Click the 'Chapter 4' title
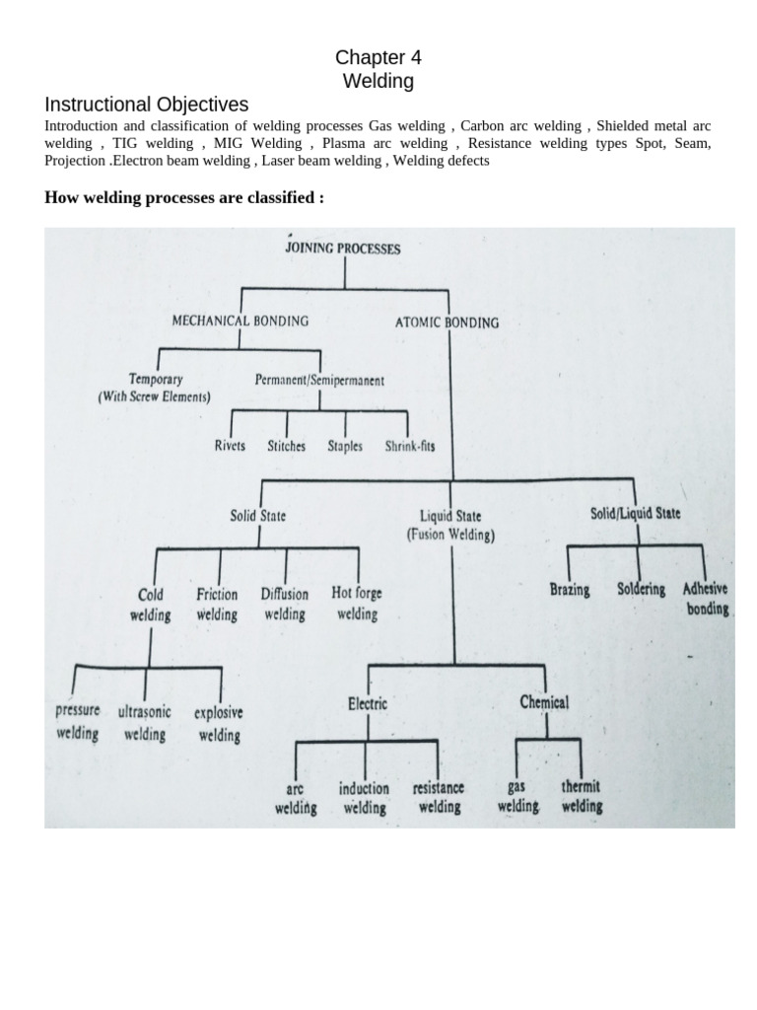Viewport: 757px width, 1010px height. (x=378, y=57)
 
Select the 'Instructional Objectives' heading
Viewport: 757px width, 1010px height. (x=147, y=105)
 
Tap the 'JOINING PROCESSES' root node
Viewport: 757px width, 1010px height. (x=343, y=249)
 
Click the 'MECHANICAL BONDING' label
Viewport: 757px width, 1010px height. (x=241, y=321)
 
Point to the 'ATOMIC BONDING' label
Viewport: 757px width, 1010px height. (x=447, y=322)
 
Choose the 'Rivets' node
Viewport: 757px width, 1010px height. (x=230, y=446)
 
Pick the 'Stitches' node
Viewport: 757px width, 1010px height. (x=286, y=446)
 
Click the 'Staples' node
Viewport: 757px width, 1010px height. (x=345, y=446)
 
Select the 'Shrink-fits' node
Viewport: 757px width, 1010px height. (x=410, y=446)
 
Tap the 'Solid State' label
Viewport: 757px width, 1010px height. (x=258, y=515)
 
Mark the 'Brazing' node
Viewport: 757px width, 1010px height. (x=570, y=590)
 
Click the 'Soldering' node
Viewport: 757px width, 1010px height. (x=642, y=589)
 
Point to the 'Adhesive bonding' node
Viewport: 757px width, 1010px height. (x=706, y=598)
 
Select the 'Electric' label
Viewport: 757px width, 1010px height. (x=367, y=703)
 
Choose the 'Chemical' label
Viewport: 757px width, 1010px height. (x=544, y=702)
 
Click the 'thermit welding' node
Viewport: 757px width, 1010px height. (x=582, y=797)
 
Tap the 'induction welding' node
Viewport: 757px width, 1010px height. (x=365, y=798)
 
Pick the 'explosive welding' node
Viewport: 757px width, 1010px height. (x=219, y=723)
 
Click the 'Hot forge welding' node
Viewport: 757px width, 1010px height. (x=357, y=603)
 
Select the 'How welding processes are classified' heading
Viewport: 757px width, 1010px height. (x=185, y=198)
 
